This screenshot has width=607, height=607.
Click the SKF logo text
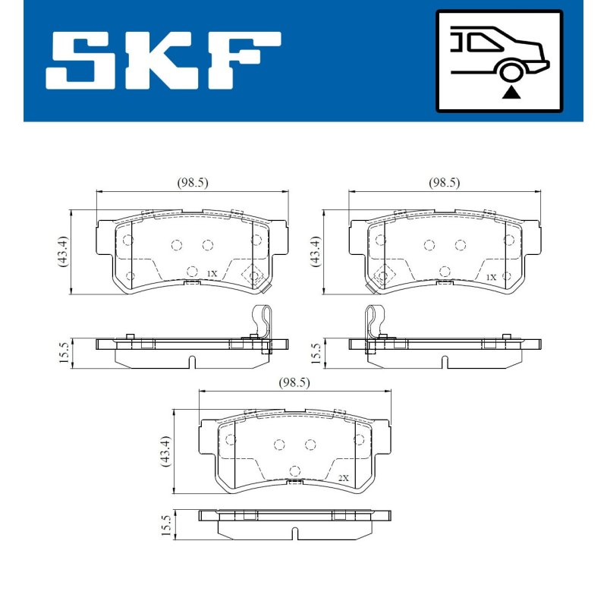point(163,61)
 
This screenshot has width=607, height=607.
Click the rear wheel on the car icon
point(511,72)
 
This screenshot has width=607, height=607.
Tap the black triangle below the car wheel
point(511,93)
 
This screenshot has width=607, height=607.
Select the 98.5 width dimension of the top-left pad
point(193,182)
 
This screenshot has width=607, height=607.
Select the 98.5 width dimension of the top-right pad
point(445,182)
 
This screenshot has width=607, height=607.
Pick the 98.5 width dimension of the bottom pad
point(294,383)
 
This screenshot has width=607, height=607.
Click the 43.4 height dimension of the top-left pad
point(63,251)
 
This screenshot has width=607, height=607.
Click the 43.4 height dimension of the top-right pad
point(316,251)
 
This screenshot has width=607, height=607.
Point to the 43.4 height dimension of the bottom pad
point(165,451)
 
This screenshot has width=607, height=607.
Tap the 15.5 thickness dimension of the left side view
point(64,352)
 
